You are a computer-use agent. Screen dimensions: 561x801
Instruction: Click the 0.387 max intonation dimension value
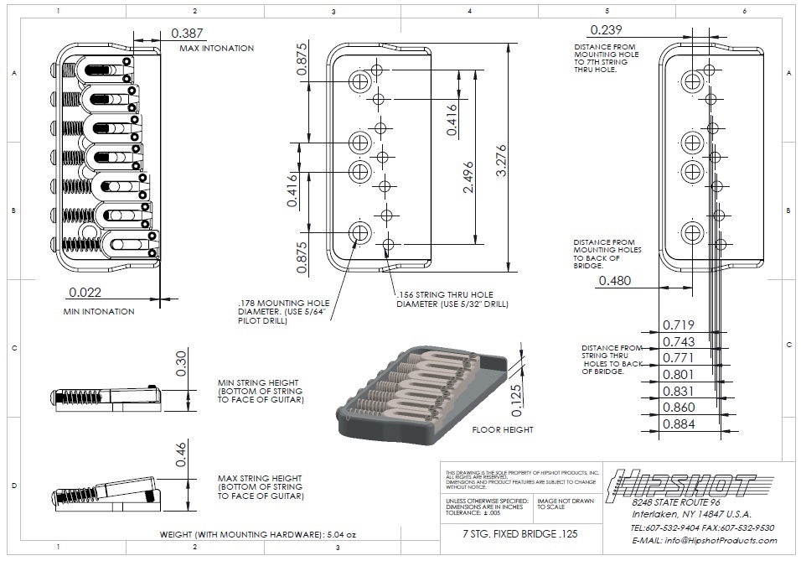pyautogui.click(x=187, y=34)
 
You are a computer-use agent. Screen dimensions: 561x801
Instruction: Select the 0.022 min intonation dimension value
pyautogui.click(x=86, y=293)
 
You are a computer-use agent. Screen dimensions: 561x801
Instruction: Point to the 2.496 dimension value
pyautogui.click(x=470, y=176)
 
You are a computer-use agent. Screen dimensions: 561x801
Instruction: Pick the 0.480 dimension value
pyautogui.click(x=615, y=281)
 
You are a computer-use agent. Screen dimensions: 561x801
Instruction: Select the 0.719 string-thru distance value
pyautogui.click(x=679, y=325)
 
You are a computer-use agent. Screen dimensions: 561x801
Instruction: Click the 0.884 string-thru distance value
pyautogui.click(x=679, y=424)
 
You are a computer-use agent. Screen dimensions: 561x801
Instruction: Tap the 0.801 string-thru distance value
pyautogui.click(x=679, y=374)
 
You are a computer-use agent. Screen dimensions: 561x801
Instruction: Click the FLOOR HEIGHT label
pyautogui.click(x=503, y=429)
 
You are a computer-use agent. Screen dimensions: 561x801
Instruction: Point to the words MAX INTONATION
pyautogui.click(x=216, y=49)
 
